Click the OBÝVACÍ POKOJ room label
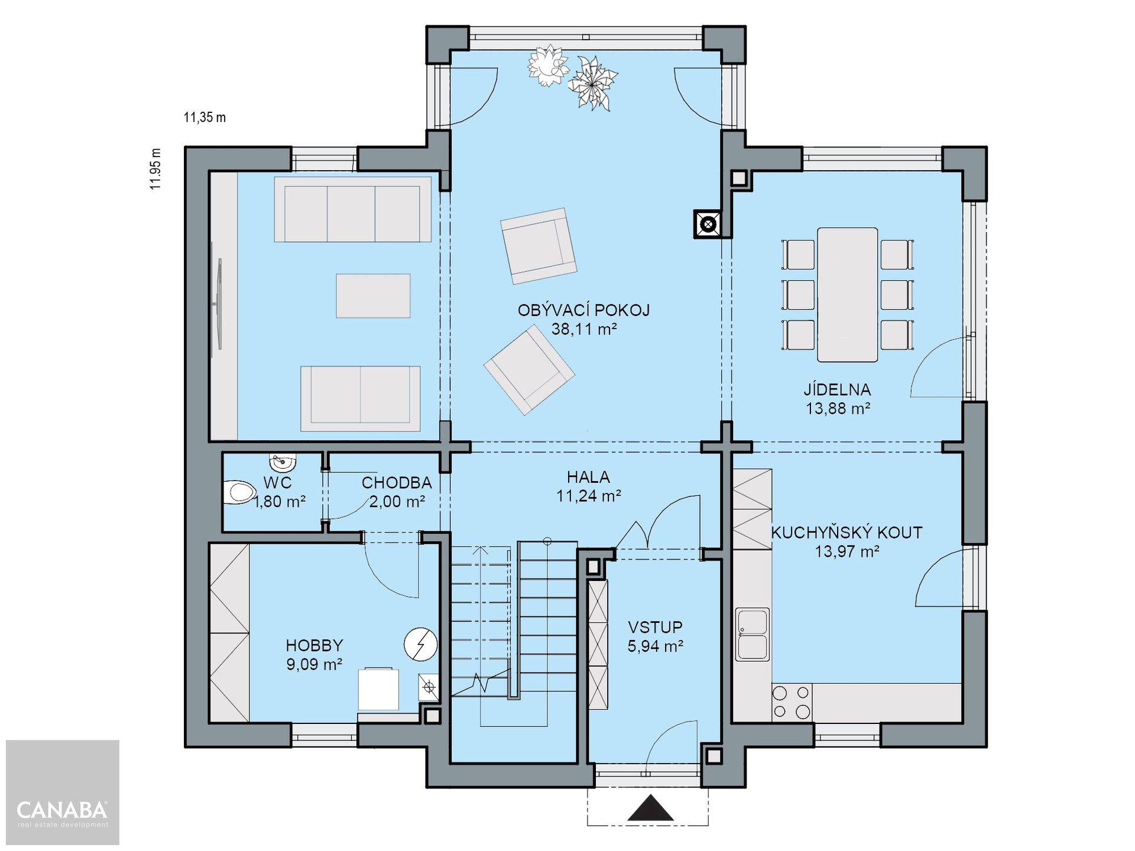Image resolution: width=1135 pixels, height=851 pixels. click(583, 310)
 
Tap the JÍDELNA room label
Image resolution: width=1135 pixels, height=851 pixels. click(837, 389)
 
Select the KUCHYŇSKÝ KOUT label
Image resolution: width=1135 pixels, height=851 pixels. click(847, 532)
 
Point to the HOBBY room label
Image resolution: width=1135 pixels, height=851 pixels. click(314, 645)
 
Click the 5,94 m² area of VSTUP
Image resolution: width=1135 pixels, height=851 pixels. click(656, 646)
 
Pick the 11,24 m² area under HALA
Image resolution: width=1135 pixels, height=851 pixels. click(588, 496)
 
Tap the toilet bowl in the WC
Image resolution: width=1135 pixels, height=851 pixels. click(239, 492)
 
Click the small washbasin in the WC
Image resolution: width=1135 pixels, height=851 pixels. click(283, 460)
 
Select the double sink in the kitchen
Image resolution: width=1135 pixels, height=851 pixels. click(753, 634)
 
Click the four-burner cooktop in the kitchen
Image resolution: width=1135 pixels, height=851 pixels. click(791, 701)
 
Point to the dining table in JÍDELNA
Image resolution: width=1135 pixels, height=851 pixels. click(847, 294)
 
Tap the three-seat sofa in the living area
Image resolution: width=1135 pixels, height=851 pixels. click(353, 209)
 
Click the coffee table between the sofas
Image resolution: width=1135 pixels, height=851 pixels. click(373, 295)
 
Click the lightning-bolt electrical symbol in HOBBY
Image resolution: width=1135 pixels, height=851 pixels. click(421, 644)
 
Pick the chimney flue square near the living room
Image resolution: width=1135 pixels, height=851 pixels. click(708, 225)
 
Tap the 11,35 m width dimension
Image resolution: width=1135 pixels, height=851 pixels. click(205, 117)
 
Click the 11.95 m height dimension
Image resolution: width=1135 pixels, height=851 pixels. click(155, 168)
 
